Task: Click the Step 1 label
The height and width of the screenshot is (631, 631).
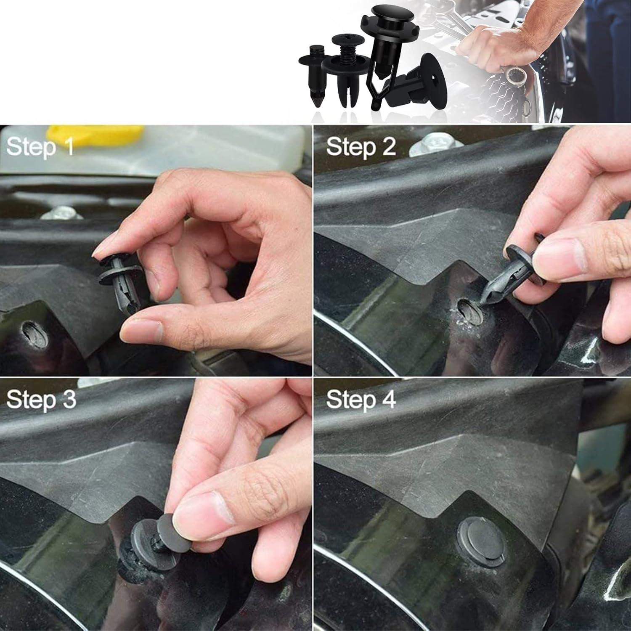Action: coord(40,147)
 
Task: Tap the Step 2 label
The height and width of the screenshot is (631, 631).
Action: coord(361,147)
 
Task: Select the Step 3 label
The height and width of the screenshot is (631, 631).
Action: coord(41,399)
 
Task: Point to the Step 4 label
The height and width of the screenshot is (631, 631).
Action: coord(361,399)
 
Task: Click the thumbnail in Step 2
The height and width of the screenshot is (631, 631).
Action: coord(559,257)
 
